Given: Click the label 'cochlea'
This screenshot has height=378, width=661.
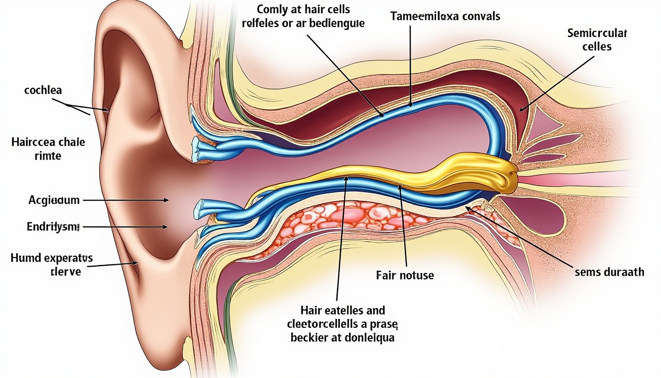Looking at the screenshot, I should pyautogui.click(x=42, y=92).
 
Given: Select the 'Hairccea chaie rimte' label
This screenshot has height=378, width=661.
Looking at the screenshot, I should pyautogui.click(x=48, y=149).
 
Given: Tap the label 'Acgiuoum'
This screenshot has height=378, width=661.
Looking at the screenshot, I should pyautogui.click(x=47, y=200).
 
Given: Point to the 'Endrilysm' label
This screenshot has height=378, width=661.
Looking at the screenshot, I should pyautogui.click(x=46, y=227).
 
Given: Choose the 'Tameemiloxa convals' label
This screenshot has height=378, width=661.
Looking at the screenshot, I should pyautogui.click(x=445, y=16).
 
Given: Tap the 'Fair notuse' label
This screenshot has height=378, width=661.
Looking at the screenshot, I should pyautogui.click(x=405, y=275).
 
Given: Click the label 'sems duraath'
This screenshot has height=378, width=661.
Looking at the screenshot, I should pyautogui.click(x=609, y=272).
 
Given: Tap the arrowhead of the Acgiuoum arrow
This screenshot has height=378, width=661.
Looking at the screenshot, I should pyautogui.click(x=166, y=200).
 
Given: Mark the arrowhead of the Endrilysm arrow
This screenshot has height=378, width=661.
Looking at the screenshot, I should pyautogui.click(x=166, y=227).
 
